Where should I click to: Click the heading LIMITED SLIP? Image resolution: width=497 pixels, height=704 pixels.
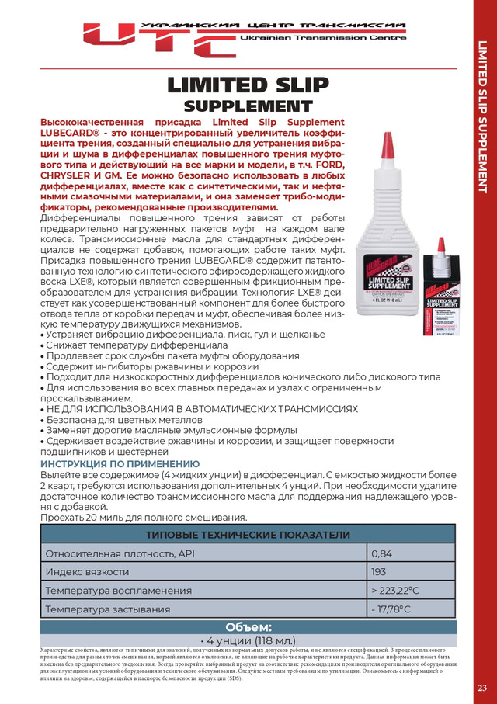pos(248,85)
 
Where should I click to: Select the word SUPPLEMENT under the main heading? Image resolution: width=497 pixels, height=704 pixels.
pos(248,105)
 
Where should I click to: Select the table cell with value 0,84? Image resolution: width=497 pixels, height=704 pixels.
pos(411,553)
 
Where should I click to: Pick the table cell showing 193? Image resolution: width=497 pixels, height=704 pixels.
pos(411,572)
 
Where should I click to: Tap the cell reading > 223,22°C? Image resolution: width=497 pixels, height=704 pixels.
pos(411,591)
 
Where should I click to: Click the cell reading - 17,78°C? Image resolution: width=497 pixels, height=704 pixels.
pos(411,609)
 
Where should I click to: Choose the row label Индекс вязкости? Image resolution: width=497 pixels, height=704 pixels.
pos(87,572)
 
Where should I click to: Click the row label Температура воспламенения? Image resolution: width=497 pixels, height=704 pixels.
pos(108,591)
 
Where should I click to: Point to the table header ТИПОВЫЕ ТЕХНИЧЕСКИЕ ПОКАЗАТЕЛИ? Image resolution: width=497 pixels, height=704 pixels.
pos(248,535)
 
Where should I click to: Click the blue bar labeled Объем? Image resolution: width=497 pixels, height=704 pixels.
pos(248,627)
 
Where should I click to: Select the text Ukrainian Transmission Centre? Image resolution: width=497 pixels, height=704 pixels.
pos(323,37)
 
